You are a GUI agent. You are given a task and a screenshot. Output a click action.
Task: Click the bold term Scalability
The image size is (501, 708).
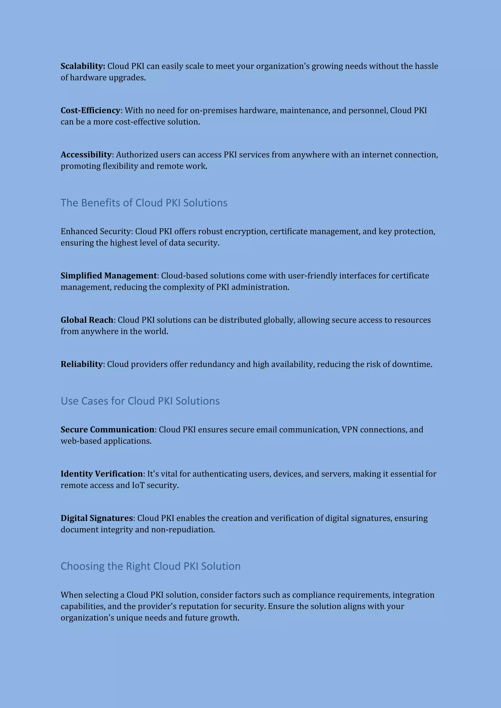82,66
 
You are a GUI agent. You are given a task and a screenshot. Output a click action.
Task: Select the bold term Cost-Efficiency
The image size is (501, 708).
90,110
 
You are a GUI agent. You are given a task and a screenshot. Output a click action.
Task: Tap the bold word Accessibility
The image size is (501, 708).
86,155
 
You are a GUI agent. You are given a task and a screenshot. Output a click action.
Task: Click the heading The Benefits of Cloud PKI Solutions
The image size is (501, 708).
144,203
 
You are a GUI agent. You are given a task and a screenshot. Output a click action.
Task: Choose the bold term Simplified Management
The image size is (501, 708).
109,276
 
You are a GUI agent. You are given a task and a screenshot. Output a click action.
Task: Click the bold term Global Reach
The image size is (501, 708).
87,320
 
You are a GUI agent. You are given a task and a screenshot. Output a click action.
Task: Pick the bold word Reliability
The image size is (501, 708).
81,364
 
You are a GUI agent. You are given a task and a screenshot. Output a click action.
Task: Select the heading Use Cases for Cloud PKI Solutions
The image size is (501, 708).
140,401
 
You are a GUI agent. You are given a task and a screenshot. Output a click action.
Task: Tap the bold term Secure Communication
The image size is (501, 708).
107,429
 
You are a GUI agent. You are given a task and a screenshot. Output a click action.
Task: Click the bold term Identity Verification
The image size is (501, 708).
102,474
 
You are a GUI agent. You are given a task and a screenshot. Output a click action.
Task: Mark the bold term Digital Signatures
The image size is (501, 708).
97,518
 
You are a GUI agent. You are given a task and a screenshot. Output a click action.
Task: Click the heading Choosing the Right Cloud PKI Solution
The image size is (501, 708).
150,566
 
